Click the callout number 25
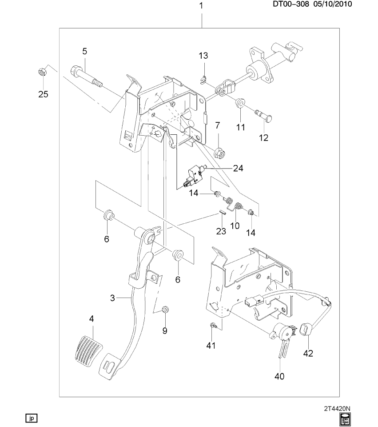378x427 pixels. pos(43,94)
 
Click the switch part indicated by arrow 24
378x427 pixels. pos(194,174)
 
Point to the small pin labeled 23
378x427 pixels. pos(222,213)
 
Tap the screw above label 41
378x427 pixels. pos(213,326)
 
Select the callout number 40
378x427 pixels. pos(279,376)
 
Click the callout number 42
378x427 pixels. pos(308,354)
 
